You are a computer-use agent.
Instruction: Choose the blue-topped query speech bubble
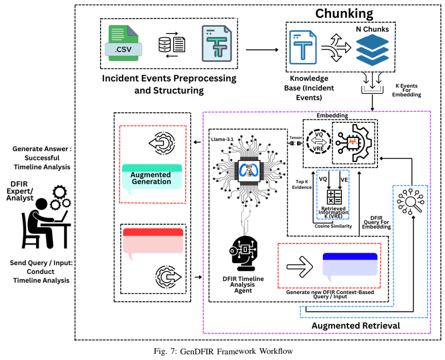pyautogui.click(x=350, y=266)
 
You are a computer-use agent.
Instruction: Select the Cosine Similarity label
pyautogui.click(x=333, y=226)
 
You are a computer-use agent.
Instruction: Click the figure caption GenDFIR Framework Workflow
pyautogui.click(x=223, y=351)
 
